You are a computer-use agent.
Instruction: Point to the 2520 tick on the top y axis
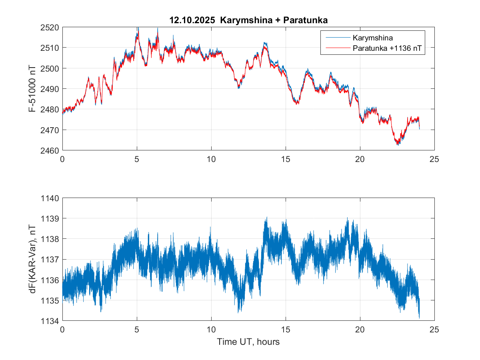click(50, 27)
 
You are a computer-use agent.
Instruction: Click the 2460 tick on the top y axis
click(50, 150)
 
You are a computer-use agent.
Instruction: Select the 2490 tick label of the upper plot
click(50, 89)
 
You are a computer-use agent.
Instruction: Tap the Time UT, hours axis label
click(248, 342)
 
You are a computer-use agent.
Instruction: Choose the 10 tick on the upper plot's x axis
click(211, 159)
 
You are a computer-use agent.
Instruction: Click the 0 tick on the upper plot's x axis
click(62, 159)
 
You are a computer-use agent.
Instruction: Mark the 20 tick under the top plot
click(360, 159)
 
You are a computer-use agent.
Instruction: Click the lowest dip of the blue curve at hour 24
click(419, 318)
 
